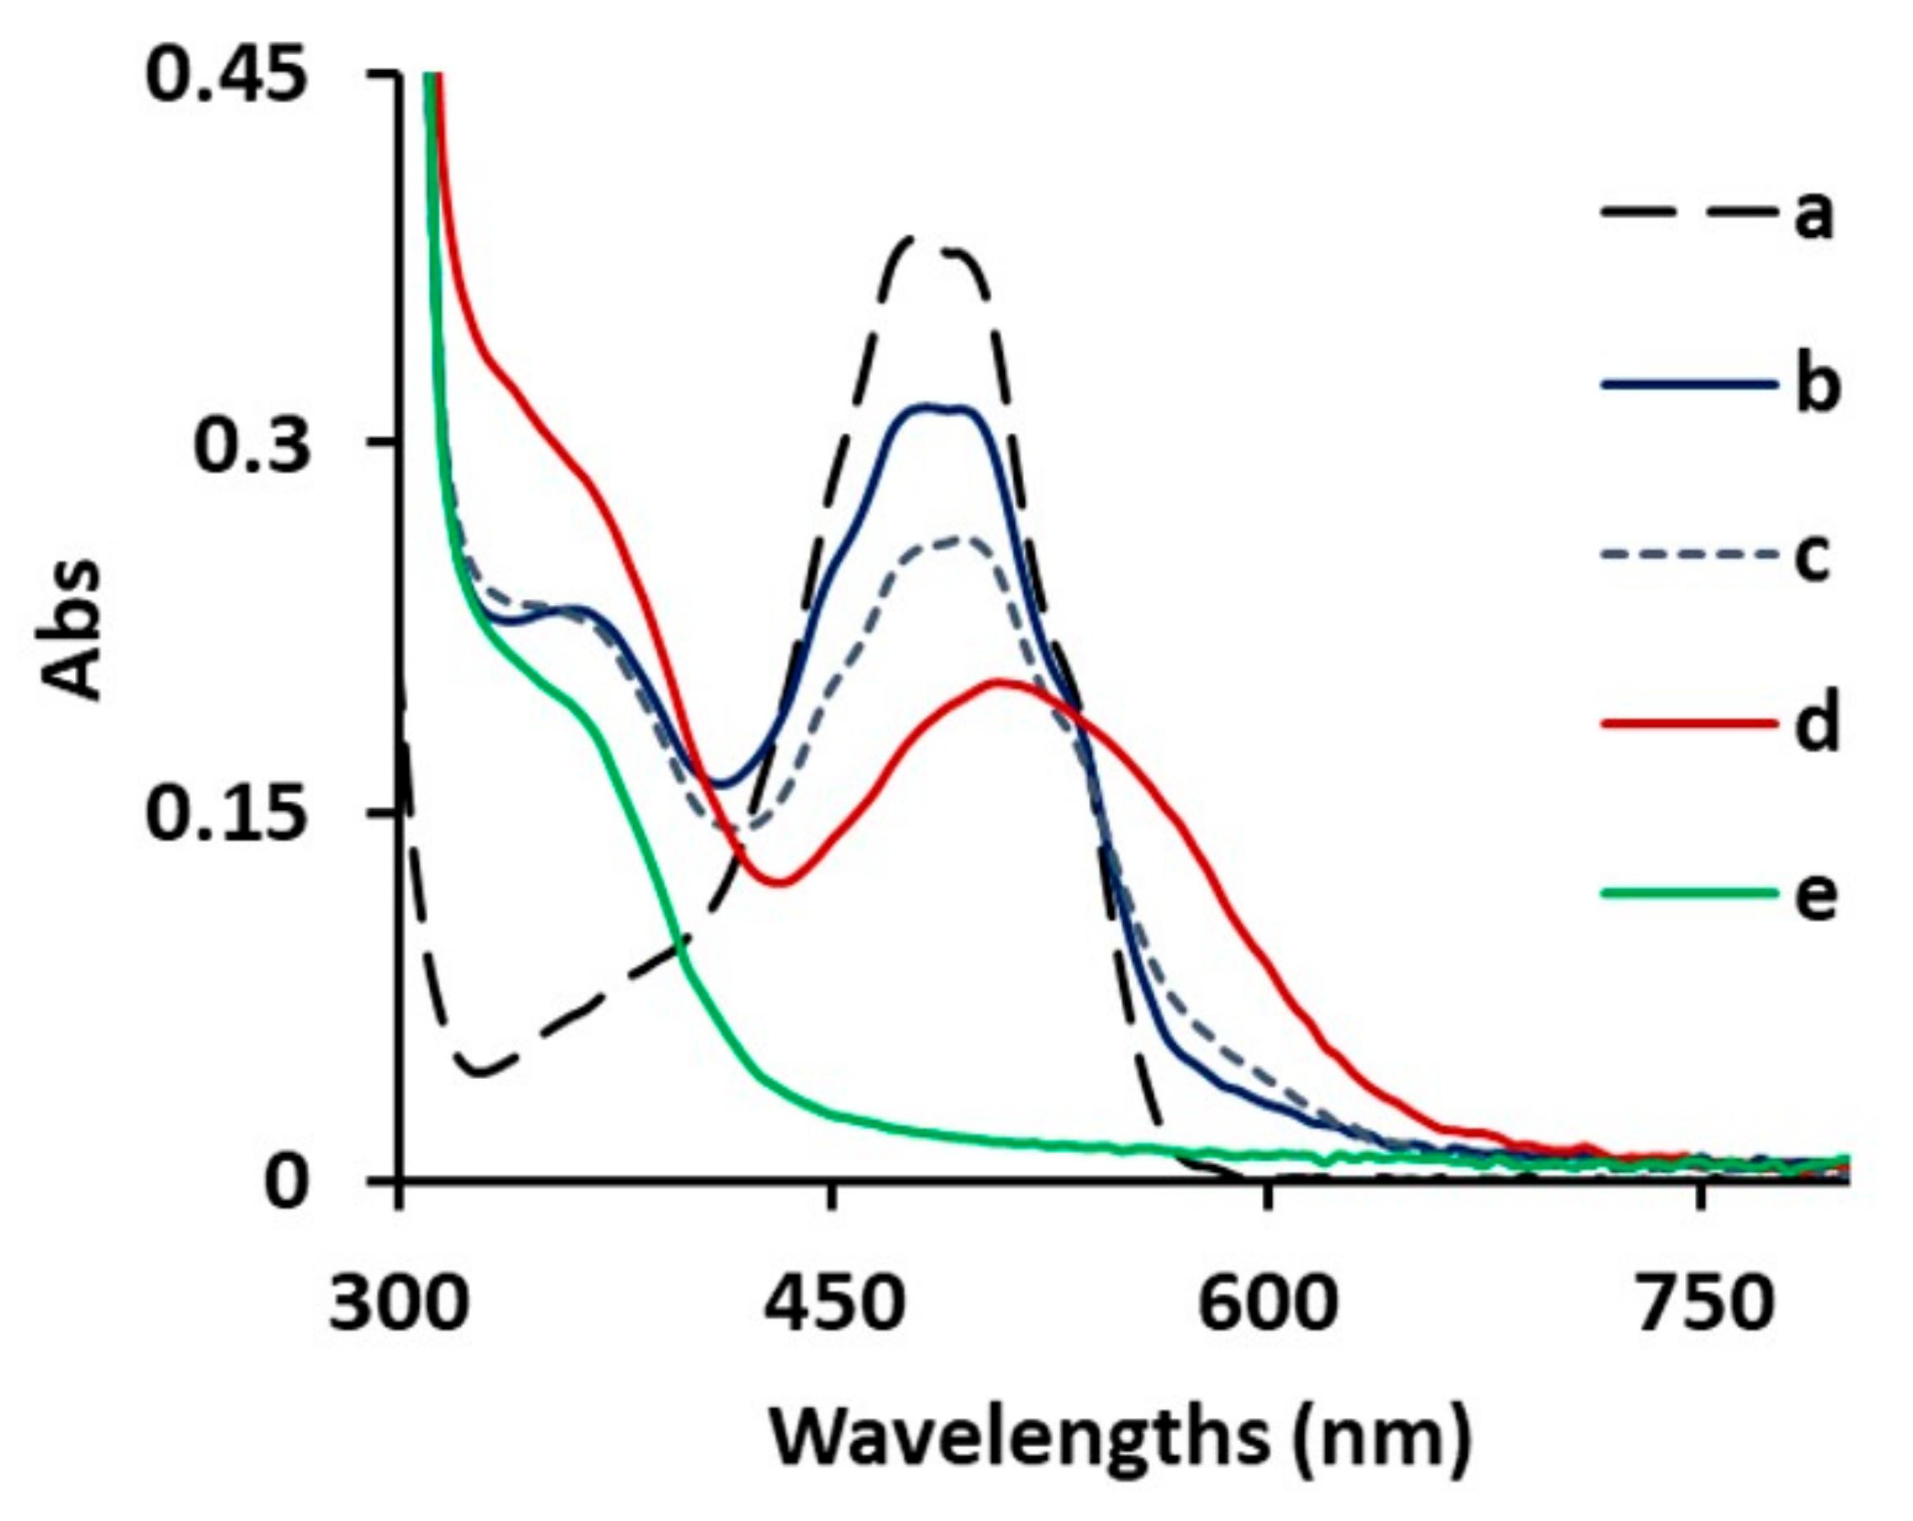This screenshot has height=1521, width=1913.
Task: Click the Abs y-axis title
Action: [72, 626]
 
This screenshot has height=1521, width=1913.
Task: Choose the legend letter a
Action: [1813, 217]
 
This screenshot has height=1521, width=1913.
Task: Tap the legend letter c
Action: [1813, 557]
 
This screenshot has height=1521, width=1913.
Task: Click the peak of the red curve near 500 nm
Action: [1001, 681]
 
